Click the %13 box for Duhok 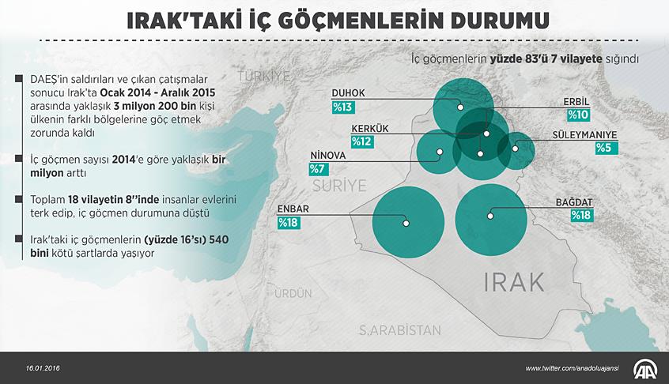343,107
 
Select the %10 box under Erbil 578,115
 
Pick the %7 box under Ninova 317,168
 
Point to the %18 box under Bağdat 581,215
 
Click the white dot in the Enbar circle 406,223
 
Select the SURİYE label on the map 339,186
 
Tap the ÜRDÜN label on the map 294,293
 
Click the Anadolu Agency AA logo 644,367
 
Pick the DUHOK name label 348,92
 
